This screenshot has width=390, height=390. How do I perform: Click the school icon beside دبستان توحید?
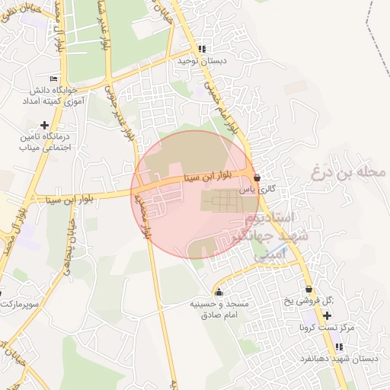click(x=202, y=49)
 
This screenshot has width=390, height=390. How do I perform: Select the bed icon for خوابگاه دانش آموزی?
click(x=53, y=78)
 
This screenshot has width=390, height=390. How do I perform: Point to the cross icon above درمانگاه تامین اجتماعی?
click(x=45, y=125)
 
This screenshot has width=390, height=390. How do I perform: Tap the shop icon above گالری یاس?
click(x=257, y=177)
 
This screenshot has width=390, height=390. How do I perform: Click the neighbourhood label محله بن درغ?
click(x=348, y=172)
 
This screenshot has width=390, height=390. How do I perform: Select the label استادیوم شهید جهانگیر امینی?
click(x=275, y=236)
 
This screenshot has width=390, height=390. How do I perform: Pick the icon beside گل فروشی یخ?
click(x=308, y=289)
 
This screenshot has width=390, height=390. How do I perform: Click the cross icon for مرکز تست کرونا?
click(x=327, y=315)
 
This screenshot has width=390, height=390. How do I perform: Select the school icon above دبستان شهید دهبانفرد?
click(x=339, y=347)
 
